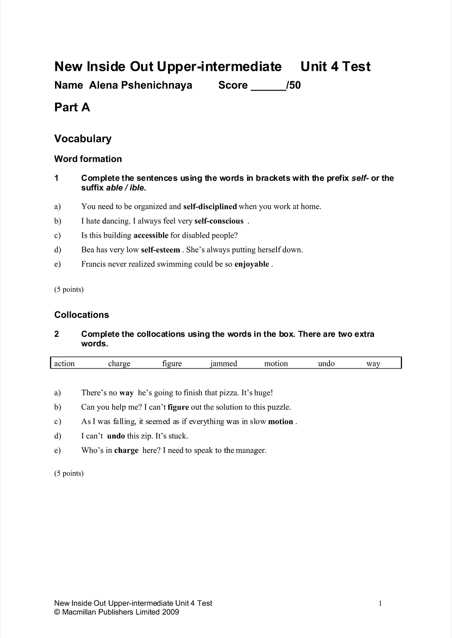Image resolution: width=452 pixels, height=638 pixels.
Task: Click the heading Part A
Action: point(72,108)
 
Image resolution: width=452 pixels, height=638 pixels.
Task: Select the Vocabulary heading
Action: point(83,139)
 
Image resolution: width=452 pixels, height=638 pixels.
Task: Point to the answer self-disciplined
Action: point(210,207)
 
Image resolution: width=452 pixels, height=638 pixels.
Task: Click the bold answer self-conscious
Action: point(219,221)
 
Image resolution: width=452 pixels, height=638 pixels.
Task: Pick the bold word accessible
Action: point(151,236)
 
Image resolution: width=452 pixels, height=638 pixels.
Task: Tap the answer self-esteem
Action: point(160,250)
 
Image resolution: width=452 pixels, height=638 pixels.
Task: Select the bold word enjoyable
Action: point(252,264)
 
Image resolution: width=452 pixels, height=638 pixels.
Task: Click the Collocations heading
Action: point(81,315)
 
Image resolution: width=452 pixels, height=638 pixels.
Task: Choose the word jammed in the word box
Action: point(224,364)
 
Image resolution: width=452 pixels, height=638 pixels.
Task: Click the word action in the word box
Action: point(64,364)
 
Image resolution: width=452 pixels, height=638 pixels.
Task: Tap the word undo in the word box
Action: point(326,364)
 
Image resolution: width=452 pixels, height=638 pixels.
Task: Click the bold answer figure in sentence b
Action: point(178,407)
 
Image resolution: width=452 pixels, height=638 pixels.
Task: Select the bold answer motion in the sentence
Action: point(281,422)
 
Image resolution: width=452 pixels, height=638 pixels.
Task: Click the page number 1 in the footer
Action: point(380,604)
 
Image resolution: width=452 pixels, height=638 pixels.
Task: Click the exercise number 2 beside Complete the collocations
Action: point(56,334)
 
